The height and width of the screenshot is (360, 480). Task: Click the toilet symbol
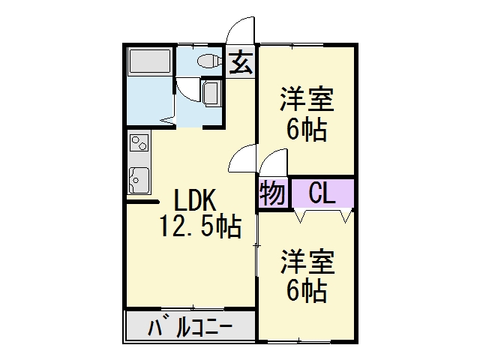tap(208, 61)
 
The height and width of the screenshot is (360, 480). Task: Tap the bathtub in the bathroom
tap(150, 61)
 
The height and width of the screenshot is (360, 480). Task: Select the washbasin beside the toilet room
tap(211, 93)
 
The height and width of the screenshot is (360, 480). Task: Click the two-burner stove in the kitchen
tap(139, 143)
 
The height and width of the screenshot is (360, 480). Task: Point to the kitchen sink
tap(139, 181)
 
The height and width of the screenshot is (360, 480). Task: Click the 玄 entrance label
tap(241, 63)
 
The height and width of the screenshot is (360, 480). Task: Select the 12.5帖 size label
tap(200, 226)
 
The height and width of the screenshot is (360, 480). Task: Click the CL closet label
tap(322, 193)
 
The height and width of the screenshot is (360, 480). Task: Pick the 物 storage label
tap(272, 193)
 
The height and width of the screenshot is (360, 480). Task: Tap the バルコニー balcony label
tap(190, 328)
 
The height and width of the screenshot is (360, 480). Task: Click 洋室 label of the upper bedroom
tap(307, 100)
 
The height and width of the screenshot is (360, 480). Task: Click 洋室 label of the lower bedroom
tap(307, 262)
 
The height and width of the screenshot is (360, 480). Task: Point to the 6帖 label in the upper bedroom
tap(307, 130)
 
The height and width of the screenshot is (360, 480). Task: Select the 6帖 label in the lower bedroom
tap(307, 292)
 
